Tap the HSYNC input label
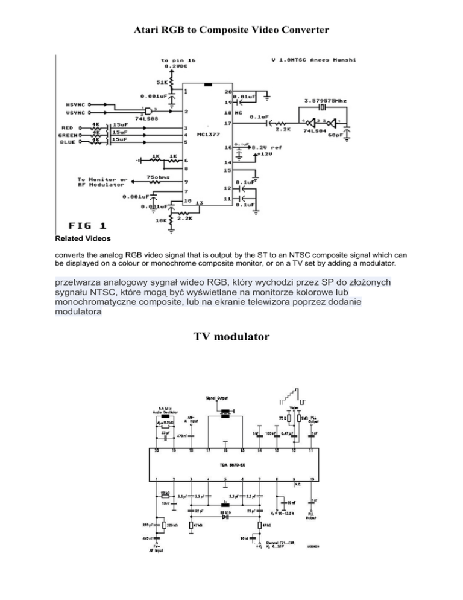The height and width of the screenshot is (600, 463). click(75, 105)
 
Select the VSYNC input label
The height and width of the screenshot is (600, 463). click(75, 112)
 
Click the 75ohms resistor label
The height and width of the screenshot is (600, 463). click(159, 177)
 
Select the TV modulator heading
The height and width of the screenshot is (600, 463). click(231, 338)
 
